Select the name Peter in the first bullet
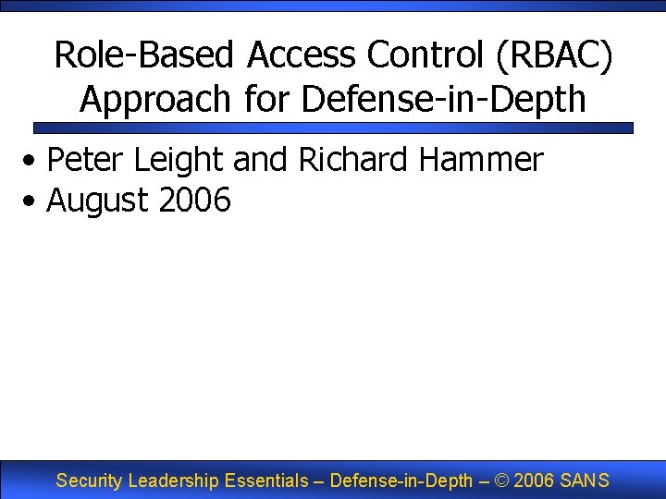[87, 160]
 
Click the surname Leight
[180, 160]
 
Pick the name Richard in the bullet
[353, 160]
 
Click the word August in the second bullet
[99, 200]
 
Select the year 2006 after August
[195, 200]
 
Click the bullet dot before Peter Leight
[32, 162]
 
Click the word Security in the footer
[90, 481]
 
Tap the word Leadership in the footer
[174, 481]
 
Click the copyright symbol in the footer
[500, 481]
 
